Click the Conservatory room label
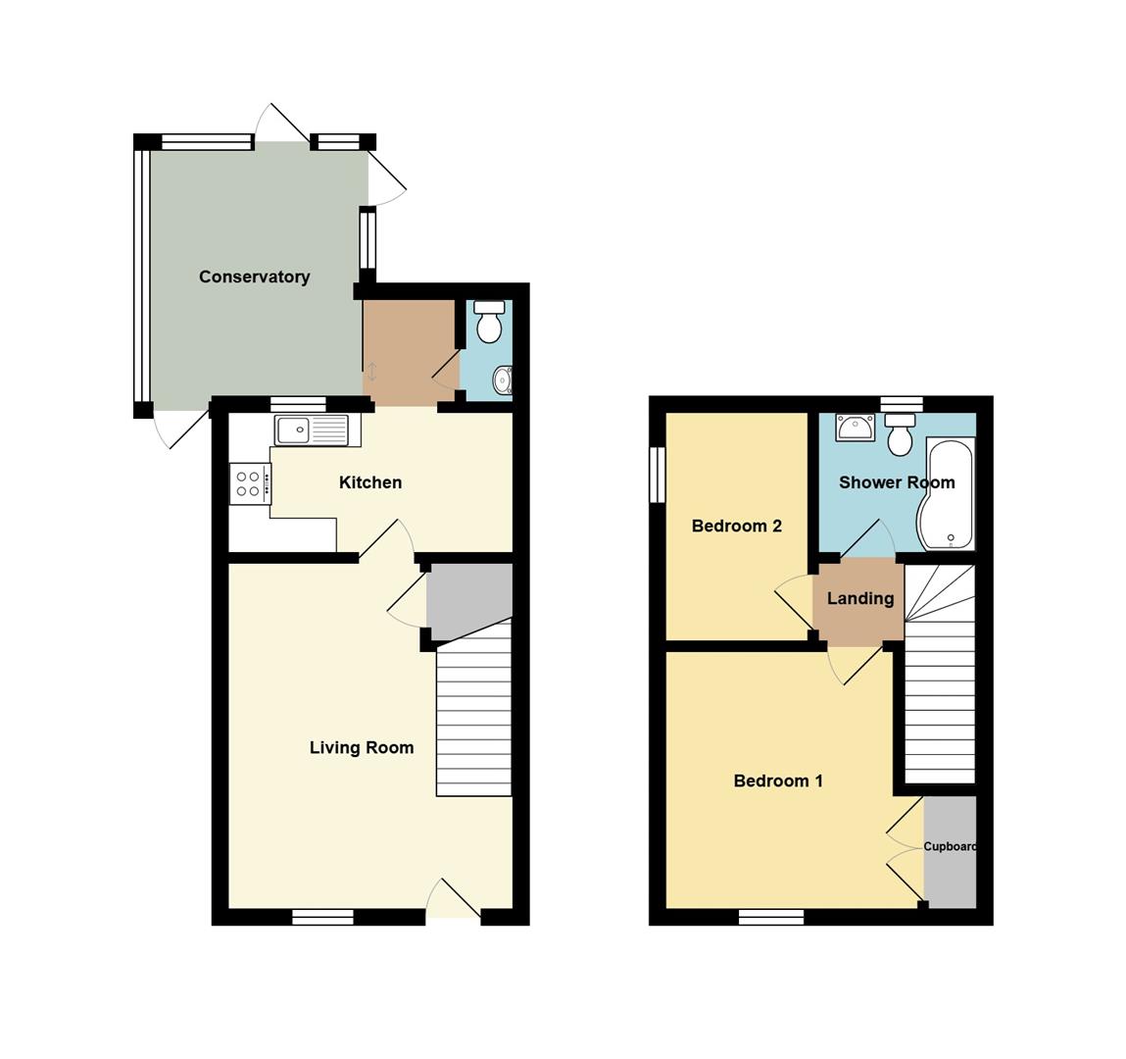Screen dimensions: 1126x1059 tap(254, 277)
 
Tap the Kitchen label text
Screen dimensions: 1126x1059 tap(369, 482)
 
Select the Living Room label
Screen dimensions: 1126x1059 tap(362, 748)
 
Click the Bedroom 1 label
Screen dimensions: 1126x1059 tap(778, 781)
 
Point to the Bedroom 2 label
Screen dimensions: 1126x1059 tap(736, 526)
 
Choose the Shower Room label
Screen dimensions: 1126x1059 tap(897, 482)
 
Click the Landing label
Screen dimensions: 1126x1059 tap(860, 598)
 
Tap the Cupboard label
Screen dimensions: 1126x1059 tap(950, 846)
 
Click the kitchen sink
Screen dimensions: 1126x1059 tap(311, 430)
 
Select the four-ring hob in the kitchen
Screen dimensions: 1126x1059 tap(251, 483)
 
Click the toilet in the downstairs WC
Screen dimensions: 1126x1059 tap(489, 322)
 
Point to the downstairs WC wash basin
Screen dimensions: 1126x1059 tap(503, 378)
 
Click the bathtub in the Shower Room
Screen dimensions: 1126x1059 tap(946, 493)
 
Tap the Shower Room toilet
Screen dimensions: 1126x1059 tap(900, 434)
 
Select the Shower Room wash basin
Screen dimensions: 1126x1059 tap(855, 428)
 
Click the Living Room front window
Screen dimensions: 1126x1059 tap(323, 917)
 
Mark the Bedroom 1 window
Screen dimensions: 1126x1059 tap(771, 917)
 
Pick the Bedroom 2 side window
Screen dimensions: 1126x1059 tap(657, 475)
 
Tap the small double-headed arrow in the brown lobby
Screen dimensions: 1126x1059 tap(372, 373)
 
